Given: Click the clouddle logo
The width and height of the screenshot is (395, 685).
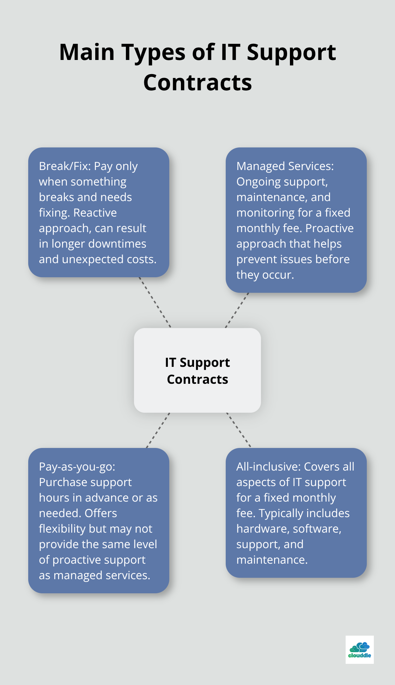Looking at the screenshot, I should click(x=359, y=649).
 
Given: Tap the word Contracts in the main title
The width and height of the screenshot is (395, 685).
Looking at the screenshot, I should click(x=197, y=83).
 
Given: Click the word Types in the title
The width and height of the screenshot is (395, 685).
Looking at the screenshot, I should click(x=153, y=53).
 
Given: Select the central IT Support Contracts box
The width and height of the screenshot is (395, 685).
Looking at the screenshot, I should click(x=197, y=370).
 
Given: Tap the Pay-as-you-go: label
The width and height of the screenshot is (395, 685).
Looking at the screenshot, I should click(x=77, y=467).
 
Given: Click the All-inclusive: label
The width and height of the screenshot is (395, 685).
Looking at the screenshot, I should click(x=268, y=467).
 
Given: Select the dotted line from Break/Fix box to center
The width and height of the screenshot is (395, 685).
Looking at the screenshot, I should click(x=155, y=303).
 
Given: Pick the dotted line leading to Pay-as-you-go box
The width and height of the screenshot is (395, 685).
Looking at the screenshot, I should click(x=158, y=430).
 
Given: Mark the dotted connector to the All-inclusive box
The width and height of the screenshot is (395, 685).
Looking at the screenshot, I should click(x=239, y=430).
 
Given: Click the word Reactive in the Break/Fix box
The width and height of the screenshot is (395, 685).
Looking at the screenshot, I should click(x=95, y=213).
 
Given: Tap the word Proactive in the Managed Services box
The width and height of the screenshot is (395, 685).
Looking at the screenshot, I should click(x=329, y=228).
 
